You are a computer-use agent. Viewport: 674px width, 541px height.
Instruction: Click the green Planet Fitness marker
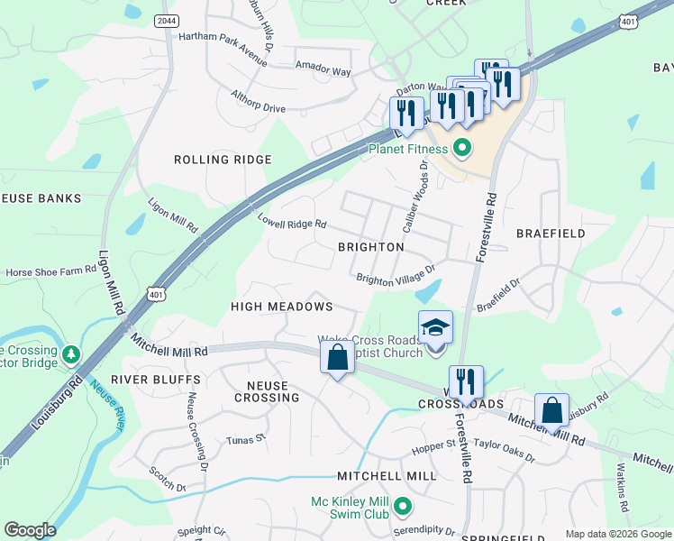462,148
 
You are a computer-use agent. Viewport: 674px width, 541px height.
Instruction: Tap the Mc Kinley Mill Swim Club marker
403,507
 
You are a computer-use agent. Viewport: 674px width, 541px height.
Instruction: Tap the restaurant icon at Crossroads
466,382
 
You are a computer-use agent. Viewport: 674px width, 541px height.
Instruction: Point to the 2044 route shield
165,21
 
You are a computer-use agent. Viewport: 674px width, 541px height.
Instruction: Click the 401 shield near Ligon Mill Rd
157,294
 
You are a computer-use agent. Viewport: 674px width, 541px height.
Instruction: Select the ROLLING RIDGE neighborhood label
222,160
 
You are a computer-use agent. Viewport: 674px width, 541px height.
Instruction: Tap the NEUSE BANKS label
41,198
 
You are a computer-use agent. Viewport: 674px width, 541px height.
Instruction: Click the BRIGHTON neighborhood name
370,246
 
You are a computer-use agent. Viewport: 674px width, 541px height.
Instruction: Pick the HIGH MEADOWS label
281,307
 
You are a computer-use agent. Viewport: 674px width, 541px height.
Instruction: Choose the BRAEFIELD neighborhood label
551,234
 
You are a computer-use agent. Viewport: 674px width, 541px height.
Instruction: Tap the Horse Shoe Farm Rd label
51,271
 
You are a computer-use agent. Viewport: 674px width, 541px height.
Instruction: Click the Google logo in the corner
30,530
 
